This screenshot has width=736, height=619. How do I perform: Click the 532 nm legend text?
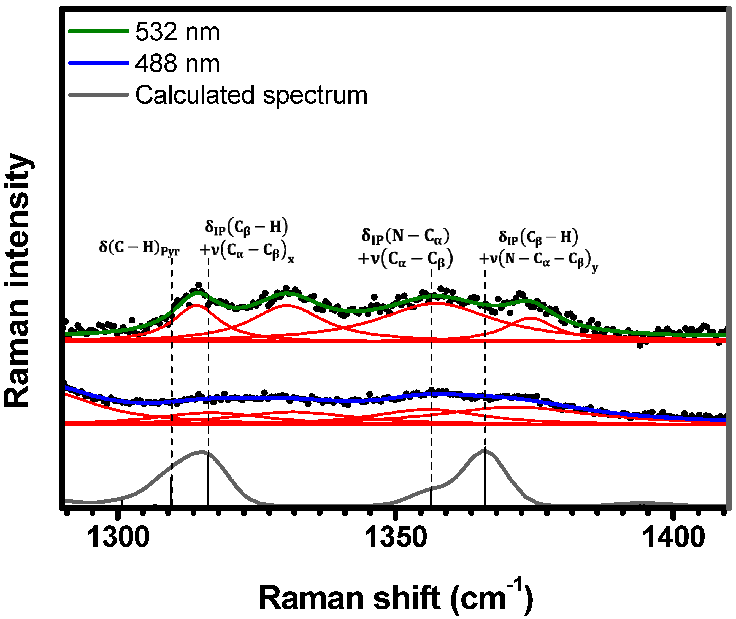[177, 32]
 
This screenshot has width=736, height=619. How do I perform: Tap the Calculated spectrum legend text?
[251, 95]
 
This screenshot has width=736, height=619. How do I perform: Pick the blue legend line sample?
[99, 63]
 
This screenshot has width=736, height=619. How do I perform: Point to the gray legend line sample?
[99, 95]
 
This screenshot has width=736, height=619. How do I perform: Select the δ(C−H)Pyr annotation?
[139, 248]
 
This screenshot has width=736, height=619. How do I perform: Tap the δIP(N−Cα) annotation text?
[405, 236]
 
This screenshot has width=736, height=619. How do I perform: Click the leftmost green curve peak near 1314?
[198, 292]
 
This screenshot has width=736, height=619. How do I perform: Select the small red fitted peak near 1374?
[531, 318]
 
